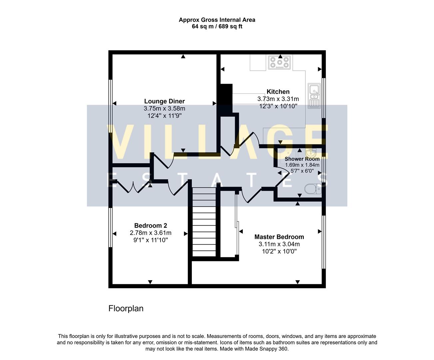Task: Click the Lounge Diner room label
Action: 164,101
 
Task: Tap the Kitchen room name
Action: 278,92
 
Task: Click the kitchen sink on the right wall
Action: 314,96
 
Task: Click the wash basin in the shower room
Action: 310,154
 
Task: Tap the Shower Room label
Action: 302,159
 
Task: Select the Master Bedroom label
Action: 279,237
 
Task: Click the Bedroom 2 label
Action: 150,226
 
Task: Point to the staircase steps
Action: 204,222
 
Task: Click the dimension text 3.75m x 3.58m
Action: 164,109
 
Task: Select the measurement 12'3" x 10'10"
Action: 278,106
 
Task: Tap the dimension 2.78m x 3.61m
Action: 150,233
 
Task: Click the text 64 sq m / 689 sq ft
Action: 217,27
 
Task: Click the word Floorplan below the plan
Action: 126,309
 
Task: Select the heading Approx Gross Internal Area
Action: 217,20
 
